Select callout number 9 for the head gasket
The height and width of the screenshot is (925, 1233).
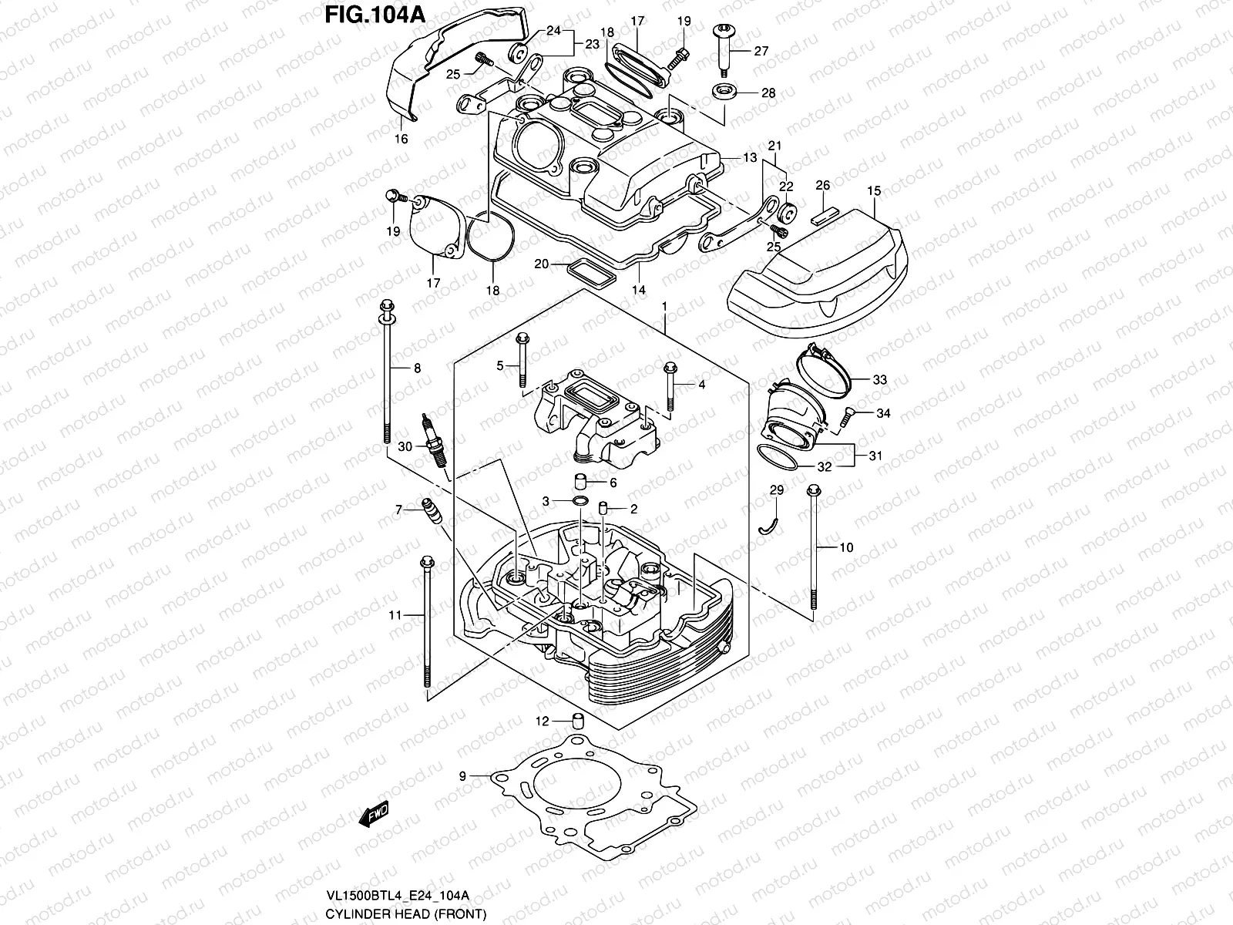point(462,776)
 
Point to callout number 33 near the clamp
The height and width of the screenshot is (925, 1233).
point(880,380)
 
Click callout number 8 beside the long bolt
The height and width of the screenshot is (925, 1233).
point(417,368)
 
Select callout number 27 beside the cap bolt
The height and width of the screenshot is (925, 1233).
point(761,52)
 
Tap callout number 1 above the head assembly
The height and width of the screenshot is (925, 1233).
point(664,307)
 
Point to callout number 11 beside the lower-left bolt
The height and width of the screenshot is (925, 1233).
point(395,615)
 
